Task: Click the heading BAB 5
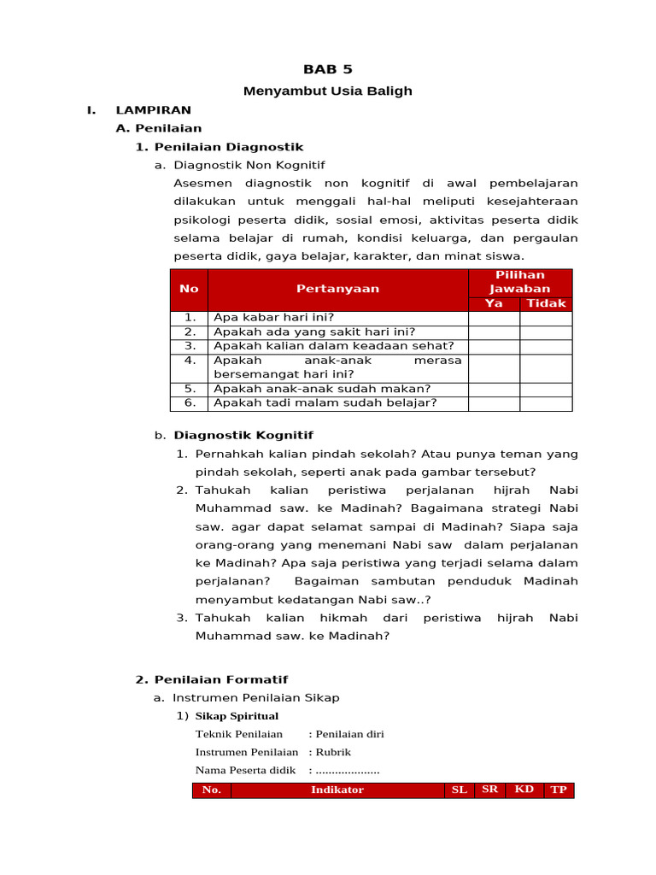point(328,69)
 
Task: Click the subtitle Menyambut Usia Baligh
point(328,91)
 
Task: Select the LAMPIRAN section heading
point(153,109)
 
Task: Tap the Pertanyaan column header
point(337,289)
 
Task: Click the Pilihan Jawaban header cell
point(519,281)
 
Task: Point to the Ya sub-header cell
point(494,303)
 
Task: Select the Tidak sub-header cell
point(546,303)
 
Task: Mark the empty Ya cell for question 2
point(494,332)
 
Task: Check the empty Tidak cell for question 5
point(546,389)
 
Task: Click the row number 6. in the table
point(190,402)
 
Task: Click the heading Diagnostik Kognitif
point(243,436)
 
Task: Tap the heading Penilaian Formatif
point(220,679)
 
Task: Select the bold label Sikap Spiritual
point(237,716)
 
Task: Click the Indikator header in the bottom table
point(337,790)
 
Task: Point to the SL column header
point(460,790)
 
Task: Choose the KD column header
point(524,790)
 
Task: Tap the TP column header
point(559,790)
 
